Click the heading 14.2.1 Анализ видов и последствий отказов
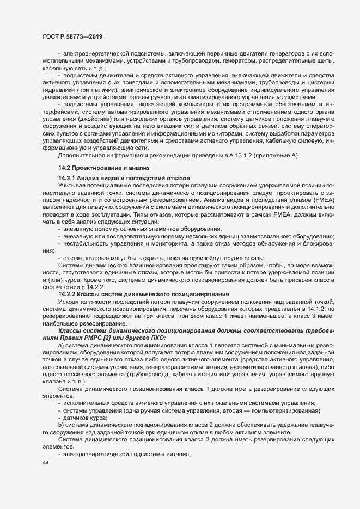(124, 179)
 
